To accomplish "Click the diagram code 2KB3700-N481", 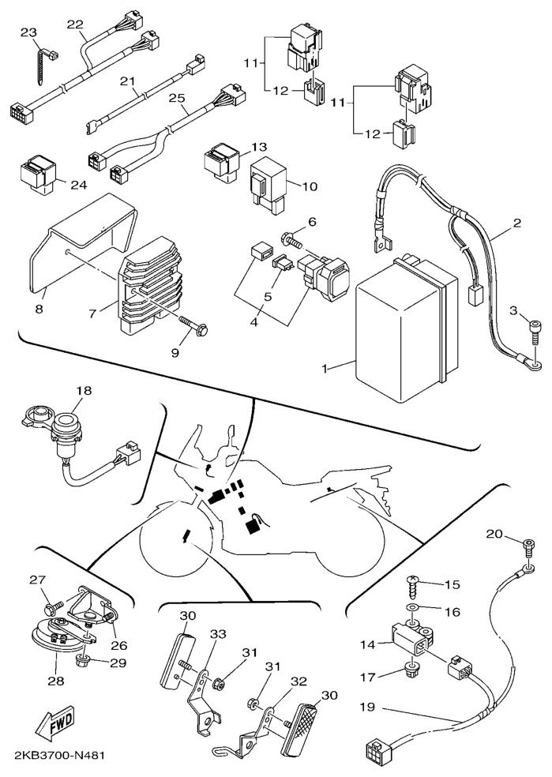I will click(x=60, y=756).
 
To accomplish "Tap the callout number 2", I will click(x=516, y=223).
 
